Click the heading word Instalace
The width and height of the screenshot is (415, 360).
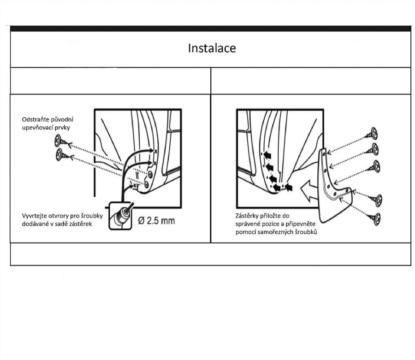(x=212, y=48)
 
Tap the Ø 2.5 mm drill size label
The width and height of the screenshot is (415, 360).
(x=156, y=220)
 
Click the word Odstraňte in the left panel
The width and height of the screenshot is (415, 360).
(x=36, y=120)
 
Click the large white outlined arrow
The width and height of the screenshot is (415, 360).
(x=308, y=189)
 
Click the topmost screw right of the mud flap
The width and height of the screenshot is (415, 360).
(x=374, y=134)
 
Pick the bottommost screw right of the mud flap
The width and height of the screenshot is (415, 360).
(x=377, y=218)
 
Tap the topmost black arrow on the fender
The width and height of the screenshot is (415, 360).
(x=267, y=153)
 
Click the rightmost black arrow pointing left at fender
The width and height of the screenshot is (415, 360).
(x=290, y=187)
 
